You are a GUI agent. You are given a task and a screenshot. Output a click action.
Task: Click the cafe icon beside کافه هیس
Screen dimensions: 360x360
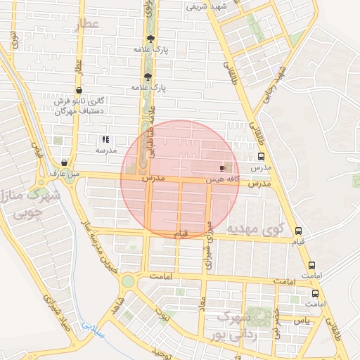223,169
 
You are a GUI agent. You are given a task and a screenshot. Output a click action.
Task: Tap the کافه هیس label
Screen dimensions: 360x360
223,180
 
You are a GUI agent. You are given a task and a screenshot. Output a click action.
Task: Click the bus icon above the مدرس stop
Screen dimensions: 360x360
261,157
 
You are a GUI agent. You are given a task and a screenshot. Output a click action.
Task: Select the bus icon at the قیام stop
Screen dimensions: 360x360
299,231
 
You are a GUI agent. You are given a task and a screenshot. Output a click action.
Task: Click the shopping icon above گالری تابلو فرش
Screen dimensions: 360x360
79,91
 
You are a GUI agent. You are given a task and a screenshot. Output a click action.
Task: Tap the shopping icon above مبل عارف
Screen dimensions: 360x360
64,162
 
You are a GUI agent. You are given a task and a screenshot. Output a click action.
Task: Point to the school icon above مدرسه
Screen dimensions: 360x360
105,140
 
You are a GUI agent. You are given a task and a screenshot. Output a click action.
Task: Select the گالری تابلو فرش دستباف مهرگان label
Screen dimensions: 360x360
79,105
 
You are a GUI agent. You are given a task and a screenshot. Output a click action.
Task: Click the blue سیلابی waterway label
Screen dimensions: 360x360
91,327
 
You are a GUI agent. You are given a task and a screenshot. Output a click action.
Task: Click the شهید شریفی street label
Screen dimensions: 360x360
204,6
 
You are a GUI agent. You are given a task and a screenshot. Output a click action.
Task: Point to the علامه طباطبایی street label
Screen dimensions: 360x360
150,138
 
